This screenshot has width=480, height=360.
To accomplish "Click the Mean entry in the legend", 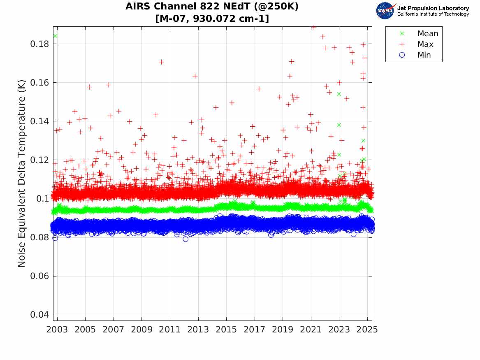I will coord(427,34).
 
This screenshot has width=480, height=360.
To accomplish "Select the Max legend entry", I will coord(425,44).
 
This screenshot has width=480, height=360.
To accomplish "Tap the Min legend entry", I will coord(424,55).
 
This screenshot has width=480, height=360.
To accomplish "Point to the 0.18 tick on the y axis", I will coord(39,44).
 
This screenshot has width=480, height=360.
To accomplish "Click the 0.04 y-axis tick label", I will coord(39,315).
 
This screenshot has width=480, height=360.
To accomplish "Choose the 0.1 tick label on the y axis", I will coord(42,199).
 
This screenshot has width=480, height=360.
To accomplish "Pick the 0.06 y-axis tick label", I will coord(39,276).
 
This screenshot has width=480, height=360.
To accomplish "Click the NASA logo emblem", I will coord(386,11).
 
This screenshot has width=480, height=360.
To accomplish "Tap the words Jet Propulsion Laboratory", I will coord(433,8).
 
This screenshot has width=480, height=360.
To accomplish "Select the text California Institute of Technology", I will coord(433,14).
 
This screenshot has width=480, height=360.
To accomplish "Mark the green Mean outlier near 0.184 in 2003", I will coord(55,36).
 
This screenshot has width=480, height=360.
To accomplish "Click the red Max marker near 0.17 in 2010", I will coord(161,62).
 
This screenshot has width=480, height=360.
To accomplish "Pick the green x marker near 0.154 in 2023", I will coord(339,94).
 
